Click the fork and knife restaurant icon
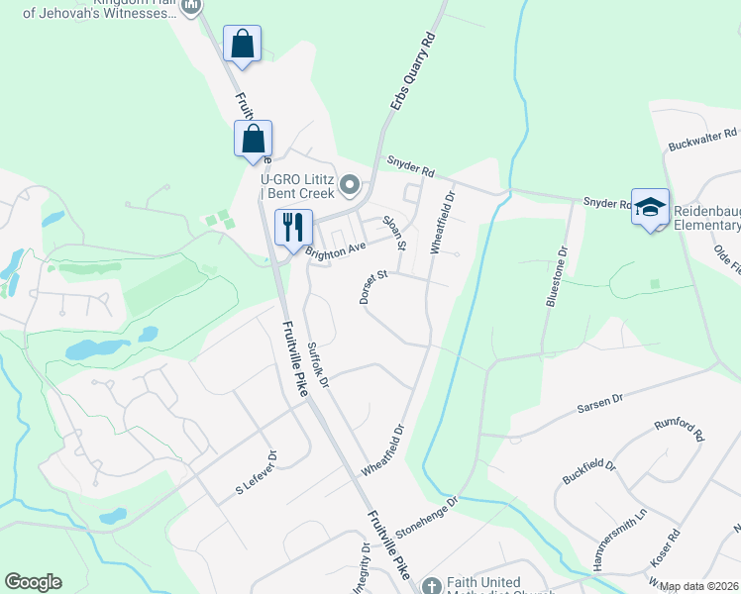coord(293,227)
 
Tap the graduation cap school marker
coord(650,207)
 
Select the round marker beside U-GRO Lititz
coord(350,184)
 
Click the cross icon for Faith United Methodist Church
coord(431,586)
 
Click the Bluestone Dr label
coord(555,279)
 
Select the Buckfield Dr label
coord(588,473)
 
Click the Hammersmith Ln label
coord(619,540)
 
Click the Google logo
coord(33,582)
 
